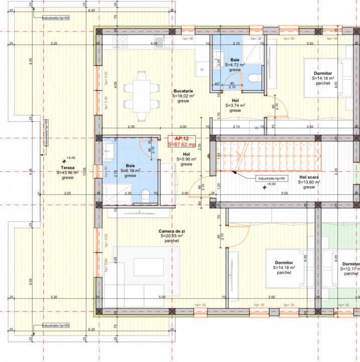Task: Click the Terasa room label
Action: [68, 167]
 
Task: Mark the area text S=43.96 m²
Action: [68, 172]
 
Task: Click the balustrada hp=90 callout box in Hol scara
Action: [271, 178]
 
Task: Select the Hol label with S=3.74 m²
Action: [235, 100]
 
